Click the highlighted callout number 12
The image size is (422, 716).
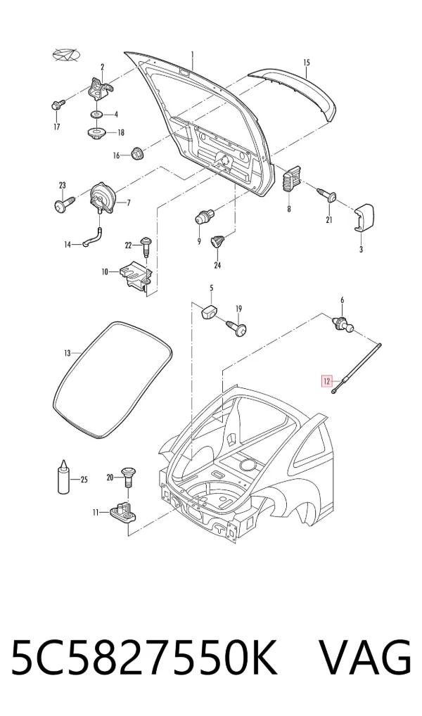[327, 381]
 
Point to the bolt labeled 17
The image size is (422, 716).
[57, 106]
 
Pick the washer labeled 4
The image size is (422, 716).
[96, 114]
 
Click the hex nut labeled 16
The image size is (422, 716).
[136, 153]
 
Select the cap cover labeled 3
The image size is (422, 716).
[364, 217]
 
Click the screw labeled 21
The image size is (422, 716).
[328, 194]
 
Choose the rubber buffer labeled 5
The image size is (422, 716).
[209, 312]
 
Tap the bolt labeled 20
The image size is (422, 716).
[127, 476]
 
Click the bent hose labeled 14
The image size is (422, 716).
[93, 238]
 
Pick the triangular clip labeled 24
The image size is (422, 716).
[218, 240]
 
